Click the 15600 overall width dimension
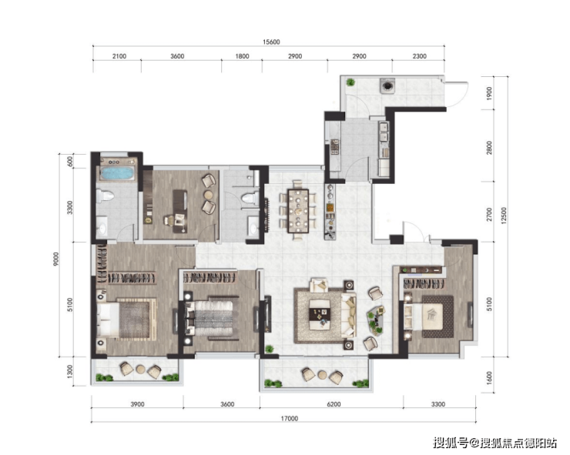271,42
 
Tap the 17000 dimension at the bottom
289,419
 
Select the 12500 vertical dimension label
504,216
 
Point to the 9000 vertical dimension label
55,259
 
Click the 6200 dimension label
334,404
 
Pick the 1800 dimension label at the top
242,56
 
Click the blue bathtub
117,173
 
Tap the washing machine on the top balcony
387,85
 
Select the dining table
298,211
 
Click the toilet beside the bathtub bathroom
106,196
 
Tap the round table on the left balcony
141,370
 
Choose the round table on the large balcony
322,374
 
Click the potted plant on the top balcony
350,82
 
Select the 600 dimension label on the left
70,162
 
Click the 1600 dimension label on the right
489,378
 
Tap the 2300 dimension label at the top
420,56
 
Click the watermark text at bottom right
495,443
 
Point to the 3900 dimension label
137,404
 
